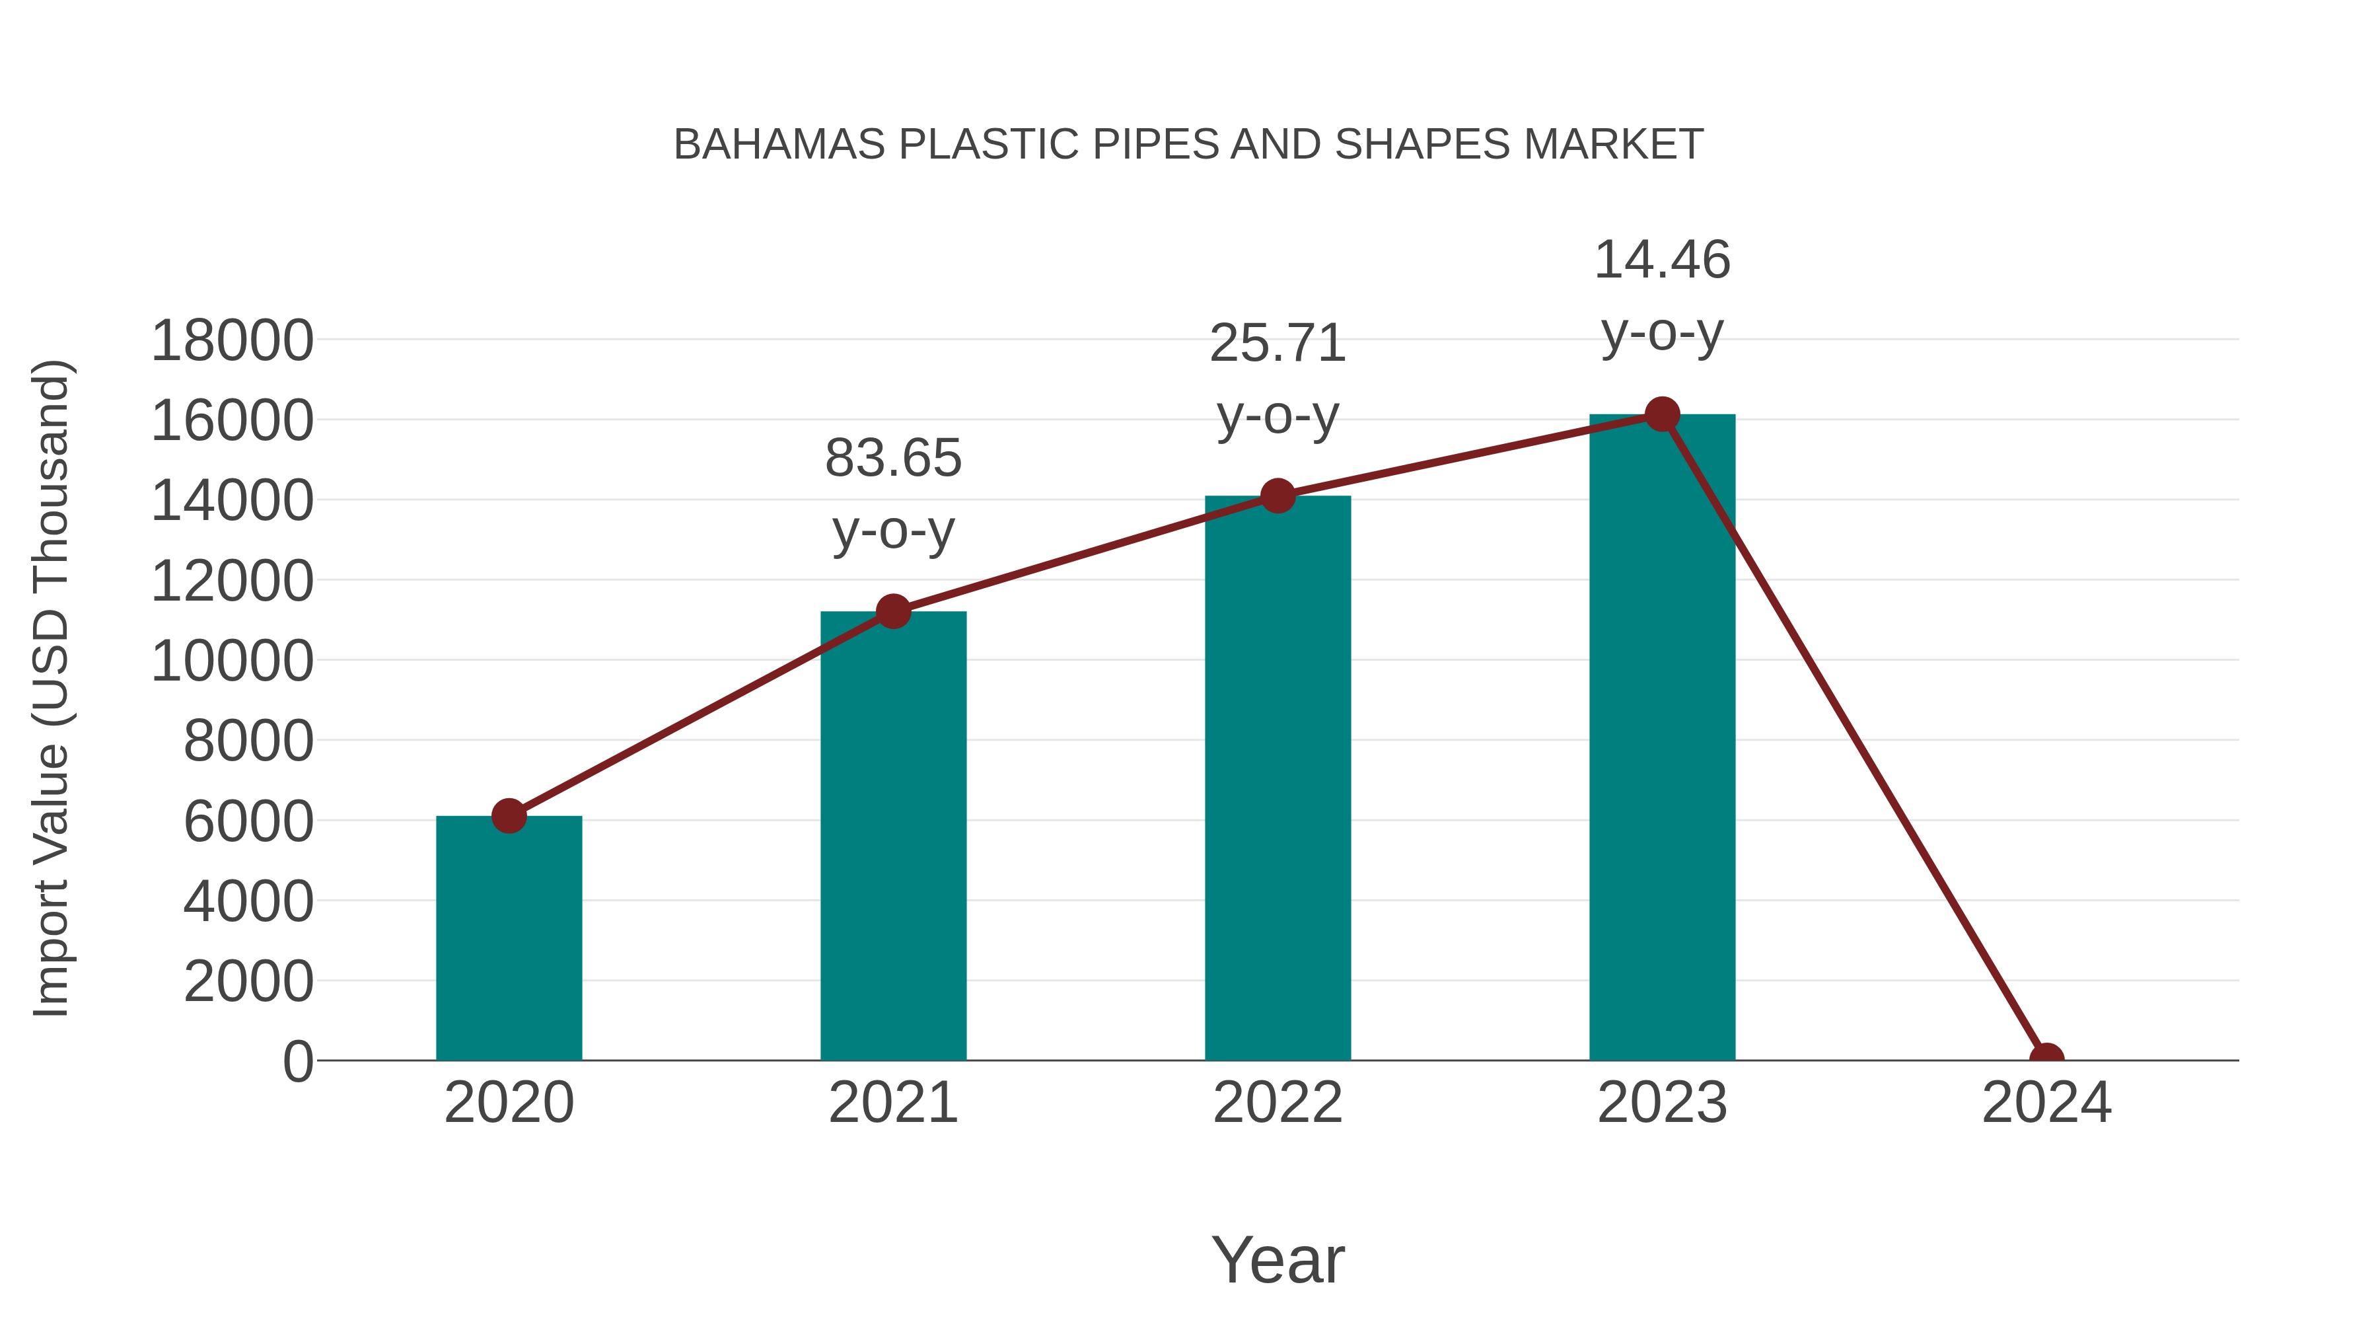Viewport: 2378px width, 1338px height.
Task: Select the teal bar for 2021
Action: [892, 836]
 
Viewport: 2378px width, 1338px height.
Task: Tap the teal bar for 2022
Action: [1278, 778]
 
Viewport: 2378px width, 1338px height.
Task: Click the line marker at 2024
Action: [2046, 1059]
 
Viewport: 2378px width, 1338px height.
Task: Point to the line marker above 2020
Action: [509, 815]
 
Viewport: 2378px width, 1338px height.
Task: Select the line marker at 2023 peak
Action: [1662, 414]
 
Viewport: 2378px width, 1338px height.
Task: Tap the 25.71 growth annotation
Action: [1278, 379]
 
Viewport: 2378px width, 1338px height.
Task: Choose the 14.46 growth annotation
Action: [1662, 295]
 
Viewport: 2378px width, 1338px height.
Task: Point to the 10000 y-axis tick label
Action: [232, 661]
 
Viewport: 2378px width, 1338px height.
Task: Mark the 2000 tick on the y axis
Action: [248, 982]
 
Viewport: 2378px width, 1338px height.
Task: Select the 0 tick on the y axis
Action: [298, 1062]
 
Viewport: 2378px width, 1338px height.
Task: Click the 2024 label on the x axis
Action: [2046, 1103]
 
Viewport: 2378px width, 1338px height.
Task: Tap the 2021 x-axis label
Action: [892, 1103]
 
